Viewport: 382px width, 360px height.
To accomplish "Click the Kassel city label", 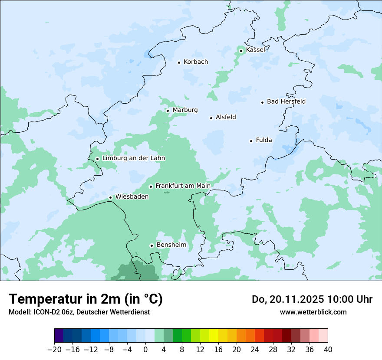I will (x=255, y=50).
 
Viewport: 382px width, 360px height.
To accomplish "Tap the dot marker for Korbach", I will (x=179, y=62).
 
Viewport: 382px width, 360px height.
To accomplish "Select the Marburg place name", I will (x=185, y=110).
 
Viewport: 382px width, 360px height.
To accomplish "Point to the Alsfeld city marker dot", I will (x=211, y=118).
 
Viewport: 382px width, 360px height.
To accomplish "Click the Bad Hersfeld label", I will (x=286, y=102).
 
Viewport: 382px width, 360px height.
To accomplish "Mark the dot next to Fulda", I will (x=251, y=141).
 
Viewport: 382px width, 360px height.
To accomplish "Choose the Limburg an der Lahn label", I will (x=133, y=158).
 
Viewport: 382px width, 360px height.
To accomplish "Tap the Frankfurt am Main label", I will (x=183, y=186).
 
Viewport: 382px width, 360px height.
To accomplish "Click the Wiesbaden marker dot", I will (x=110, y=198).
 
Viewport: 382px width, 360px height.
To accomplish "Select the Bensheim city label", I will (x=171, y=245).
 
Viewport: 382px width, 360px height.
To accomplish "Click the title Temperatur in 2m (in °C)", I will (x=86, y=299).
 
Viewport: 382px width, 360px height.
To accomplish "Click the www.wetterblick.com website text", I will (x=313, y=312).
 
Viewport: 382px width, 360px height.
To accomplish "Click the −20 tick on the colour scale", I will (x=54, y=350).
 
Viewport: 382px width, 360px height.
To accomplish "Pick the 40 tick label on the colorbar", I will (x=328, y=350).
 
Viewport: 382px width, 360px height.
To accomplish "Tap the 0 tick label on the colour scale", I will (x=145, y=350).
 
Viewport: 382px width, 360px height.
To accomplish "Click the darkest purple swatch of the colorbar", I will (x=59, y=336).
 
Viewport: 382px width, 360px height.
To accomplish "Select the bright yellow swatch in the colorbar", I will (x=214, y=336).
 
